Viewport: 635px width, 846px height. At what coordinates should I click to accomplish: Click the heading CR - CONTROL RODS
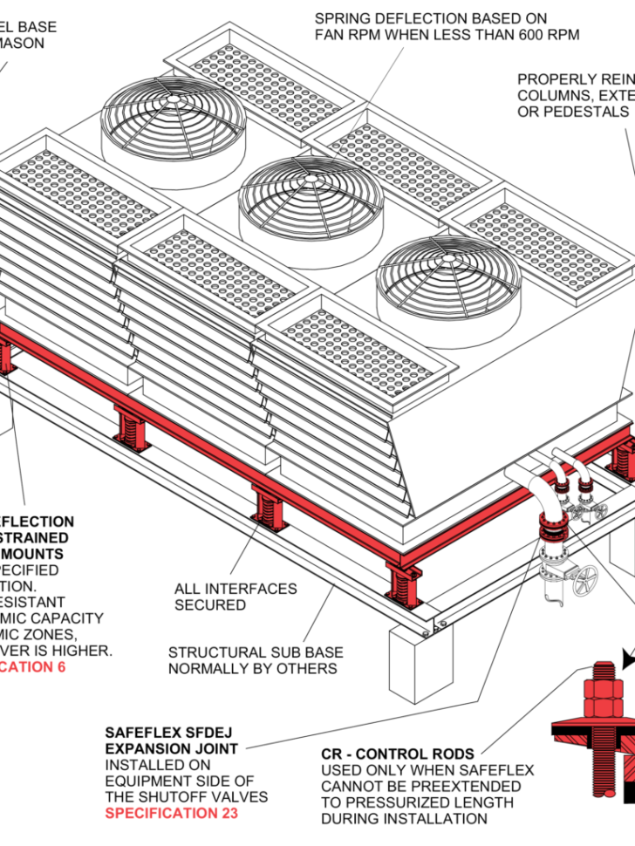[x=398, y=754]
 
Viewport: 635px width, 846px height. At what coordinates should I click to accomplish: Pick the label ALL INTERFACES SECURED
[x=236, y=597]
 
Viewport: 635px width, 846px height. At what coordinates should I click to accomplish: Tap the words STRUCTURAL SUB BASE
[x=256, y=652]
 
